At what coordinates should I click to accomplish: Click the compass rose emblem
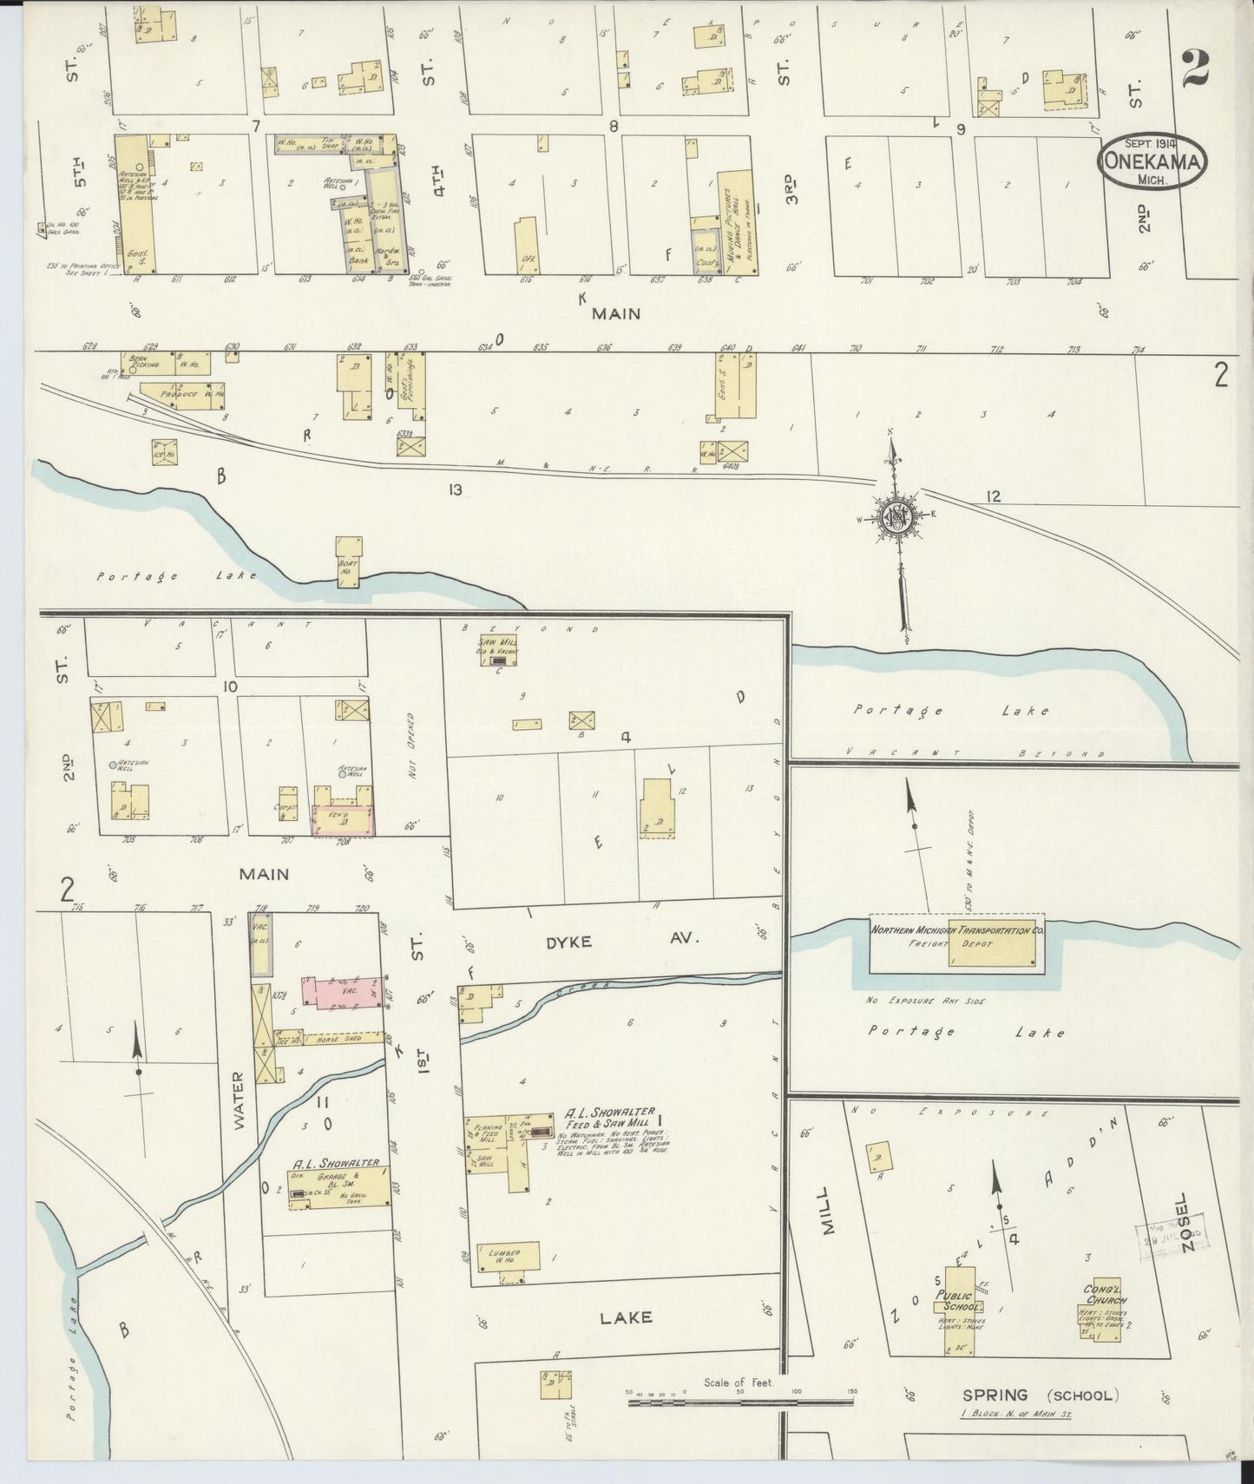(x=896, y=517)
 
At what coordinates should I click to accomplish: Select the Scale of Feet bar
(x=740, y=1420)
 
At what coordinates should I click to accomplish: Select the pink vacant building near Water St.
(x=341, y=991)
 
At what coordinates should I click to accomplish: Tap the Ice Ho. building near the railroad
(x=165, y=452)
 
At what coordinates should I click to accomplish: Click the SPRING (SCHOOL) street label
(x=1040, y=1395)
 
